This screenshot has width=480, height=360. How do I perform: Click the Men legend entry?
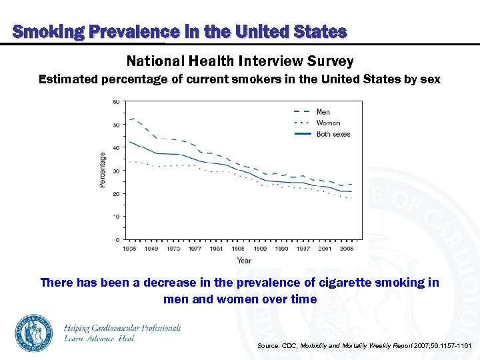coord(323,112)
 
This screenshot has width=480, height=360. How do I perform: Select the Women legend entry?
coord(328,123)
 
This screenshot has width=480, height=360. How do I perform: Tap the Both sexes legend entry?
coord(333,134)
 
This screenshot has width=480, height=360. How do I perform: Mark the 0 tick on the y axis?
coord(117,239)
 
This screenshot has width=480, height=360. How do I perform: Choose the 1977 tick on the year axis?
coord(195,248)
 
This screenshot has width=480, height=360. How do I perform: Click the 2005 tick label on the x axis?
coord(347,248)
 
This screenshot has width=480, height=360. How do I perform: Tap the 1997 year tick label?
coord(303,248)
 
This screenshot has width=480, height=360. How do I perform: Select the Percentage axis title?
coord(103,170)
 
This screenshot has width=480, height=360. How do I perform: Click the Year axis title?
coord(244,260)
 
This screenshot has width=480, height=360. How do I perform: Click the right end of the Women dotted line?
coord(352,198)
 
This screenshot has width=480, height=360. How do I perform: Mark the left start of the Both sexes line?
coord(129,141)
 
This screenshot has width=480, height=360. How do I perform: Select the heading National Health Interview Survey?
coord(240,61)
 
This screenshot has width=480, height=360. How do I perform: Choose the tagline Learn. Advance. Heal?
coord(100,339)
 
